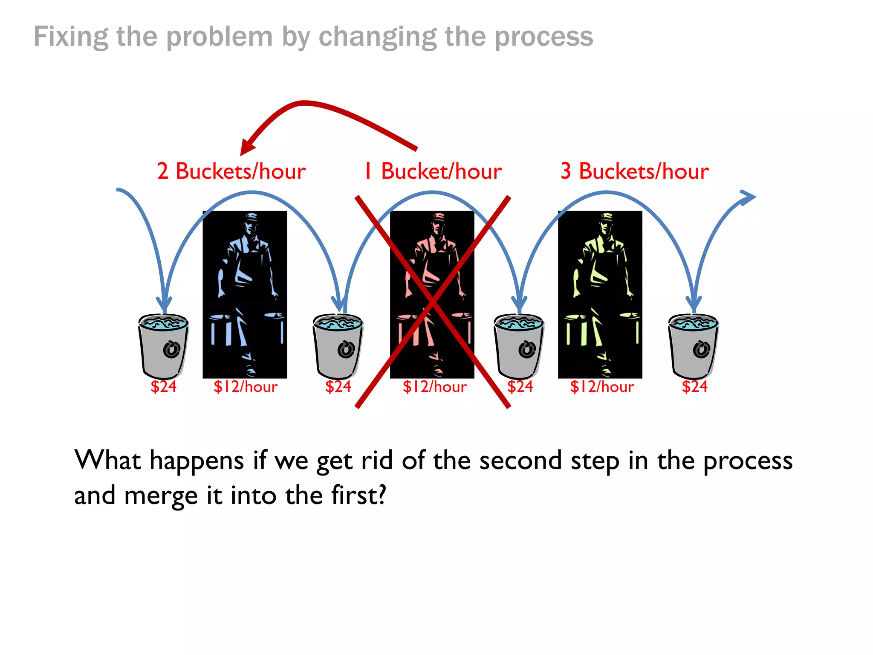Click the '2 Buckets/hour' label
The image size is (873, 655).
click(x=231, y=171)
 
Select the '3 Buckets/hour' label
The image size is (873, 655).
click(x=635, y=171)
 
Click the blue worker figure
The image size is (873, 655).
click(x=245, y=294)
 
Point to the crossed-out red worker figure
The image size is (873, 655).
click(x=432, y=294)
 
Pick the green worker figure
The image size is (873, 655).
click(x=600, y=294)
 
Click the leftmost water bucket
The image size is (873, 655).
click(x=163, y=346)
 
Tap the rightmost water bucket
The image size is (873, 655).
click(x=693, y=346)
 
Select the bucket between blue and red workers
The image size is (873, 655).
click(x=338, y=346)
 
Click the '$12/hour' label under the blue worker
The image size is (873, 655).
click(x=246, y=387)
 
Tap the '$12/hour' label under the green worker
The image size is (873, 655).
click(x=602, y=387)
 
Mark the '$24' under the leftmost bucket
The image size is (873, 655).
click(x=163, y=387)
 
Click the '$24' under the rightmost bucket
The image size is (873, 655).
click(x=694, y=387)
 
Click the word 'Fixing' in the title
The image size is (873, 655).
click(x=71, y=37)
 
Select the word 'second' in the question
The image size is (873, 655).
click(x=520, y=461)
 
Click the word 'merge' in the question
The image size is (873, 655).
click(x=161, y=496)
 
